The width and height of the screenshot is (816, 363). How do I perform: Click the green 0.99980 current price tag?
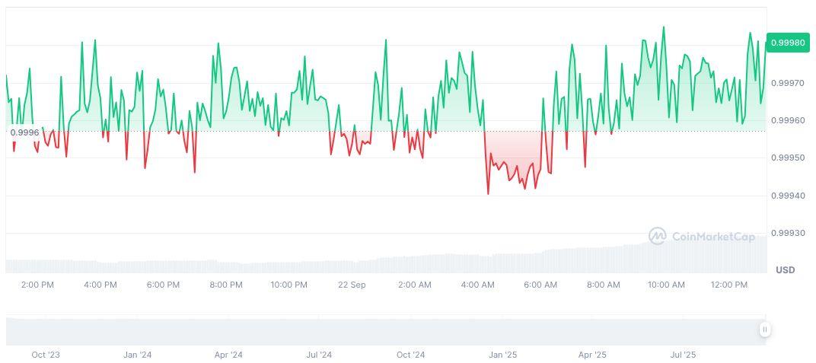coord(787,43)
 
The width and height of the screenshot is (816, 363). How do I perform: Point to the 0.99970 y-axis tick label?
coord(787,82)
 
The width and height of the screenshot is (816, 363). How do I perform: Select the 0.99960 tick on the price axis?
coord(787,120)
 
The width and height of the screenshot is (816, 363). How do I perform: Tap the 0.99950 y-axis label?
coord(787,158)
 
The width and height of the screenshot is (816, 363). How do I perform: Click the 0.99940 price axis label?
coord(787,196)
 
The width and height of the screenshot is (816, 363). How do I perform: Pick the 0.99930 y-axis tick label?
coord(787,233)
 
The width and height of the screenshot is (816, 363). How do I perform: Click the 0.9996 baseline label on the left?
coord(24,132)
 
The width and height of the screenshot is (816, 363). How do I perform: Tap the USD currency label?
coord(785,270)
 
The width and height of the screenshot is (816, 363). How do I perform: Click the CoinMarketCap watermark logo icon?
coord(657,237)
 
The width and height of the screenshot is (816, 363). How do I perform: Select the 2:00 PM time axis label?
coord(37,285)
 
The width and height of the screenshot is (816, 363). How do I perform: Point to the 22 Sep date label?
coord(352,285)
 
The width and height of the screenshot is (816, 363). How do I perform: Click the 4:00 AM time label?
coord(478,285)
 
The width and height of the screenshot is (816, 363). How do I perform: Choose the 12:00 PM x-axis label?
coord(729,285)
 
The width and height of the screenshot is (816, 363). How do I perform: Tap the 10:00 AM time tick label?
coord(666,285)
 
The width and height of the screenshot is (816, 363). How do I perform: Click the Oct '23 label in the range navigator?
coord(46,355)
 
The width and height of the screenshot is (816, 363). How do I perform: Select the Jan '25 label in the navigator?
coord(502,355)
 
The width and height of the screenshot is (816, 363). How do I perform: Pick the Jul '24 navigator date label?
coord(319,355)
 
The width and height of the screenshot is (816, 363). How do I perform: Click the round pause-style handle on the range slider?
coord(764,330)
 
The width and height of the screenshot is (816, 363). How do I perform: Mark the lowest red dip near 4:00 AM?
coord(488,193)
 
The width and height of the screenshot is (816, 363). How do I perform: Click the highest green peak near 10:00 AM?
coord(663,27)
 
